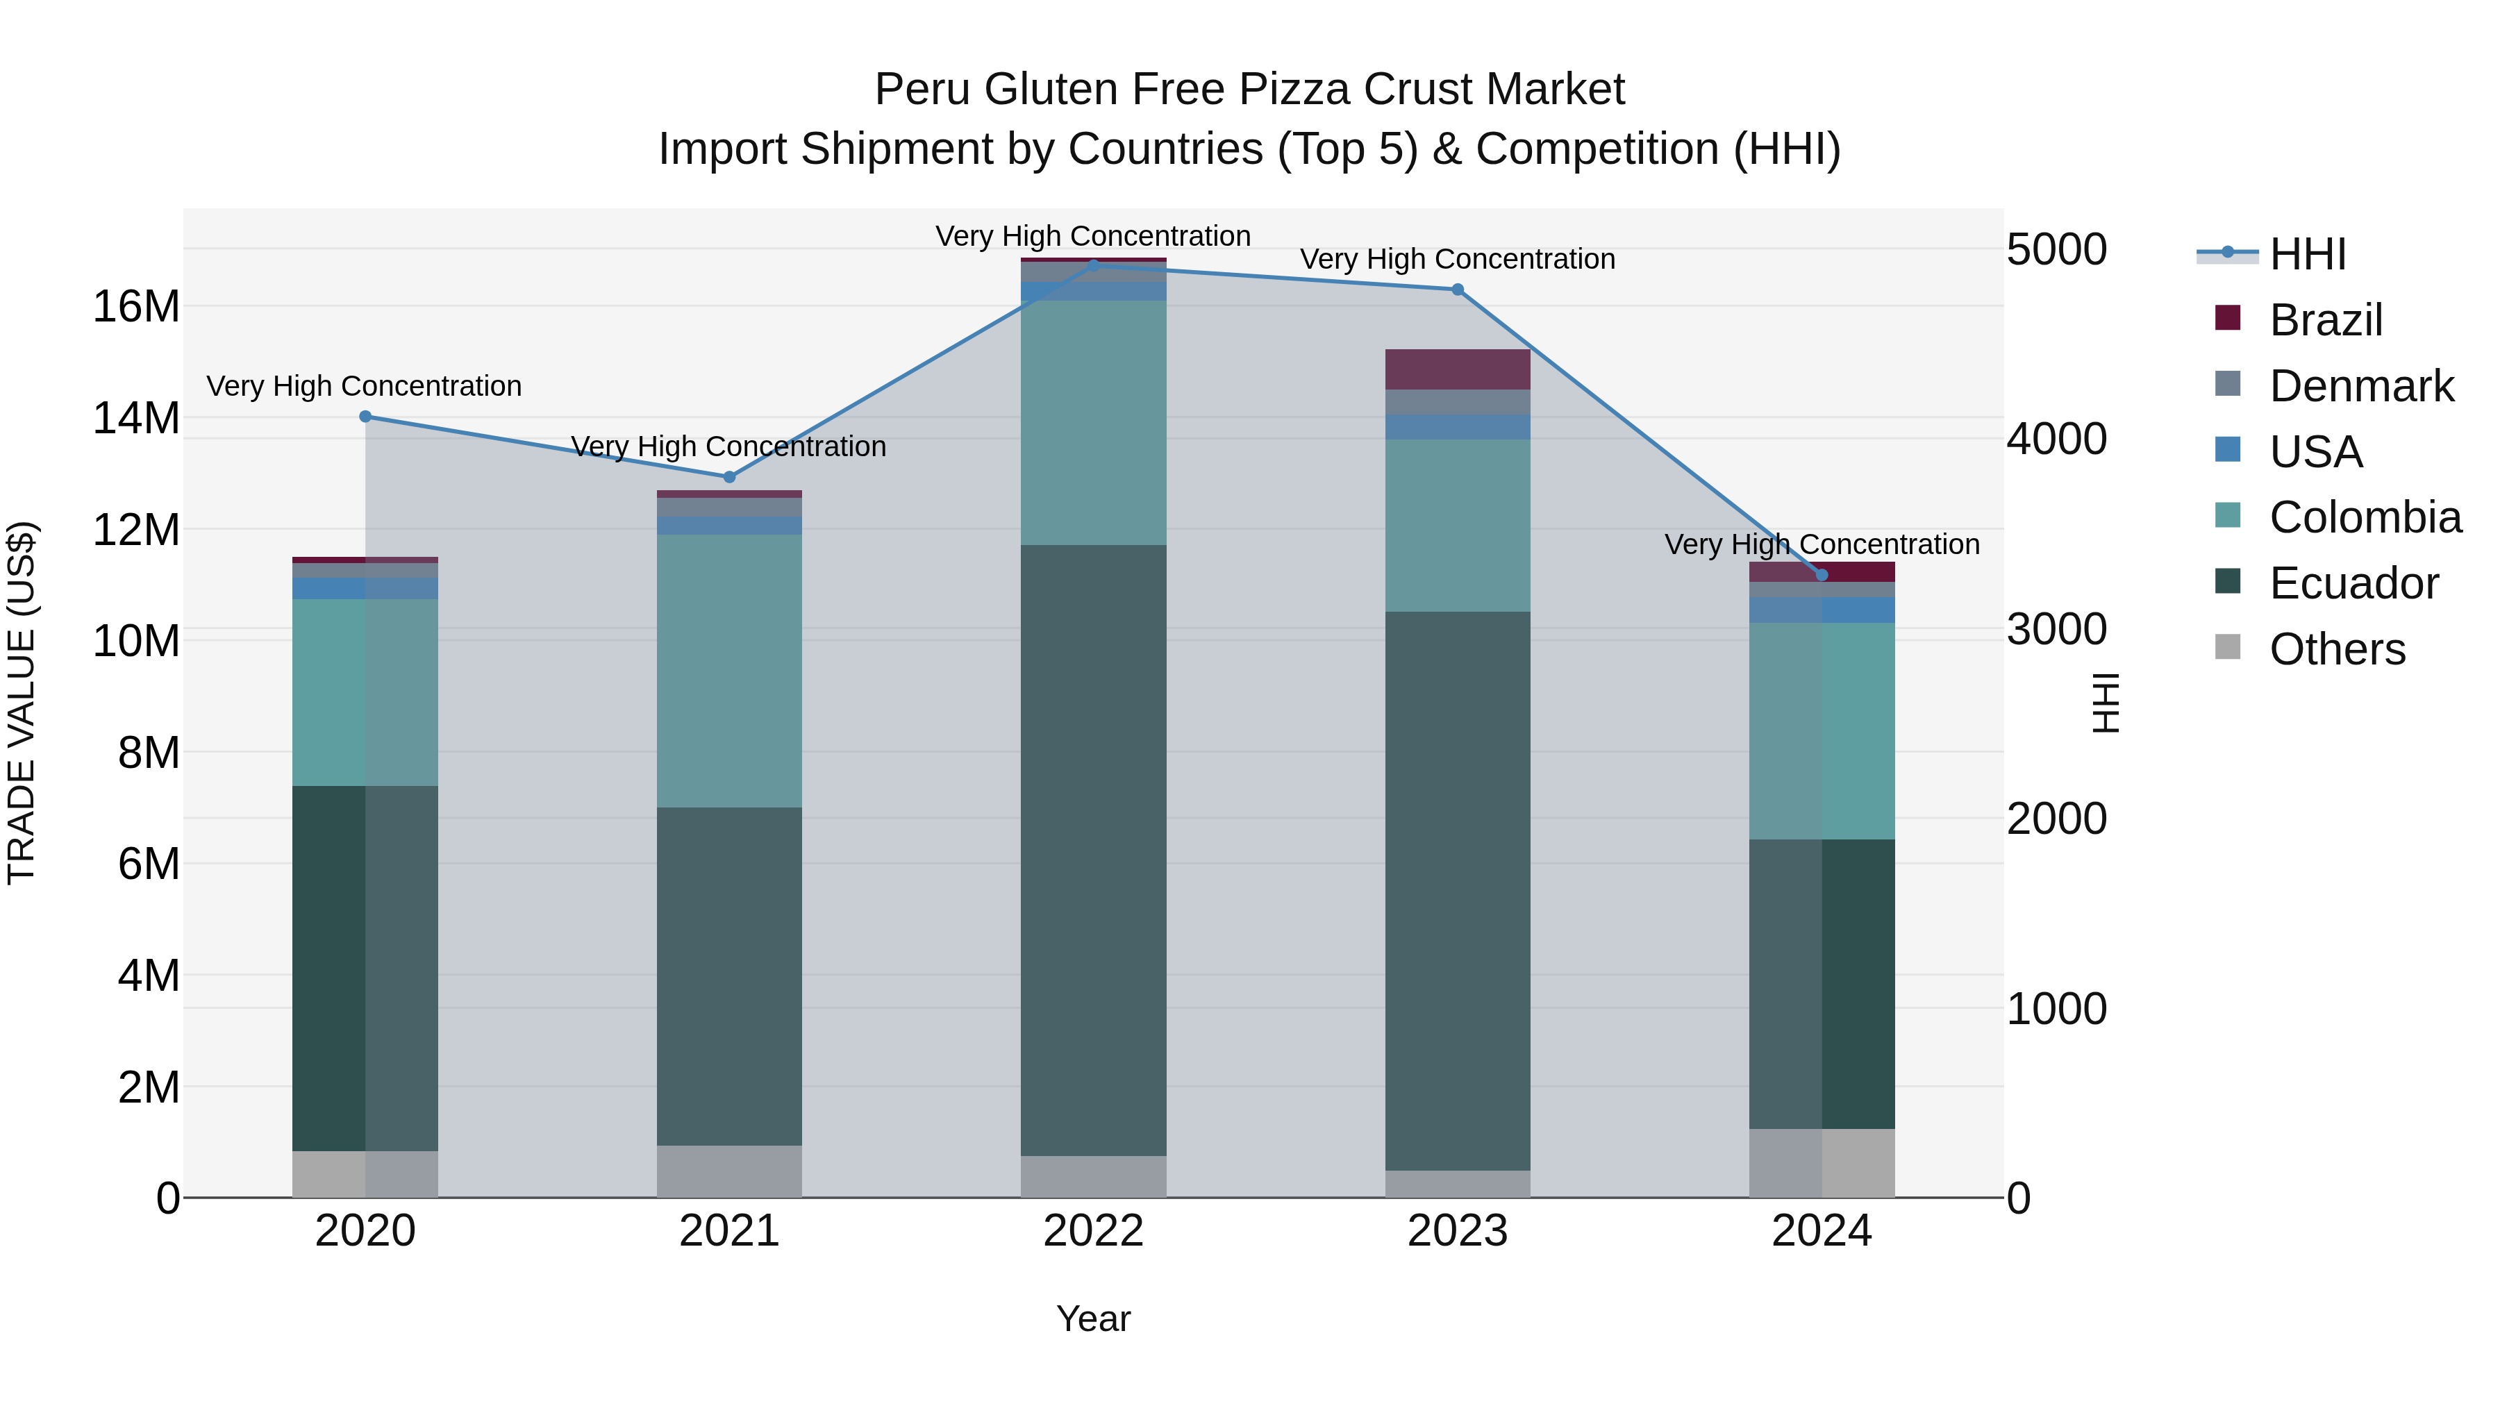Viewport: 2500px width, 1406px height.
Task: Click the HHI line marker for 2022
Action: click(1094, 265)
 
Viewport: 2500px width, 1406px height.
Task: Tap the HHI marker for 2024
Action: click(1822, 576)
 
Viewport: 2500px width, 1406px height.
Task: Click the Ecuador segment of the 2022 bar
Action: click(1094, 849)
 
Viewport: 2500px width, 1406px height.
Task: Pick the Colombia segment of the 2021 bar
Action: click(730, 671)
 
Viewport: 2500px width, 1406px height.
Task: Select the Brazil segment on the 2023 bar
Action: click(1458, 369)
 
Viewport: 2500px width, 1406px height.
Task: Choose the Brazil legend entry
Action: click(2325, 320)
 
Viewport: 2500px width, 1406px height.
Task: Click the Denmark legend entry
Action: click(2361, 386)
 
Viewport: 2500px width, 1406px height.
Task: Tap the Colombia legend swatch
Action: click(2228, 515)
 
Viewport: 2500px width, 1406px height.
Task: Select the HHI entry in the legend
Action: click(2307, 254)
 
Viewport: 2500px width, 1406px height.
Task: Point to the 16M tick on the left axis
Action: click(136, 307)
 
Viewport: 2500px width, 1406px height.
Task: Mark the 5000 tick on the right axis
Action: click(2056, 249)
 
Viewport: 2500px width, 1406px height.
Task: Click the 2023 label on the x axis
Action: click(1458, 1231)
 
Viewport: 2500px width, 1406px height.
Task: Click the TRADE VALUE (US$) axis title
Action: click(22, 703)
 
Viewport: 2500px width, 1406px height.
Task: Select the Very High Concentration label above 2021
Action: click(729, 446)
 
